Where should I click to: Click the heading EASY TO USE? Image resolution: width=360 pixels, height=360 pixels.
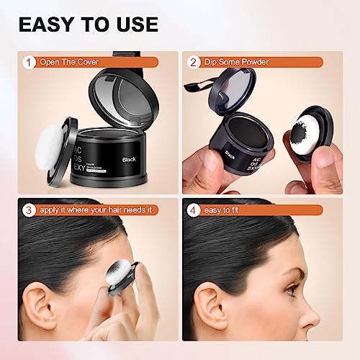pyautogui.click(x=88, y=24)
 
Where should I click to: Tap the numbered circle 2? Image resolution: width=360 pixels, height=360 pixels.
pyautogui.click(x=194, y=62)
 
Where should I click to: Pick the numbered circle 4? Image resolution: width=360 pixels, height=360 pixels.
pyautogui.click(x=194, y=211)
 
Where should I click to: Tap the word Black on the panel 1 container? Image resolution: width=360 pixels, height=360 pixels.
pyautogui.click(x=130, y=158)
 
